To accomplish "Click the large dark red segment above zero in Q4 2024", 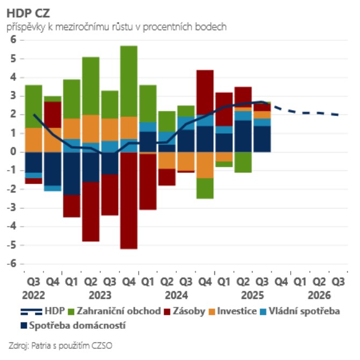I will pyautogui.click(x=205, y=92).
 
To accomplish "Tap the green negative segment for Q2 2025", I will pyautogui.click(x=243, y=162).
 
